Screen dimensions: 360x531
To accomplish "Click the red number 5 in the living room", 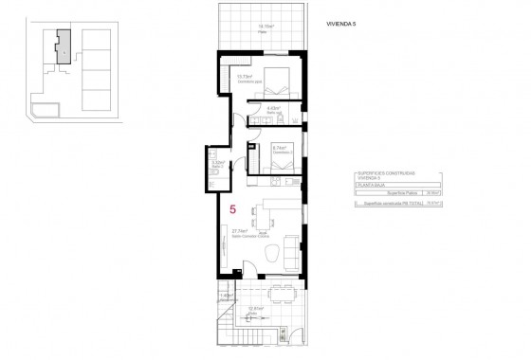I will pos(233,208).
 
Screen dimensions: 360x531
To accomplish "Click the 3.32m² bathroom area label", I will pos(217,162).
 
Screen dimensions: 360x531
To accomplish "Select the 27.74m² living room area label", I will pos(239,230).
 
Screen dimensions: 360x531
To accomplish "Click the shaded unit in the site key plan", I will pos(63,45).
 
